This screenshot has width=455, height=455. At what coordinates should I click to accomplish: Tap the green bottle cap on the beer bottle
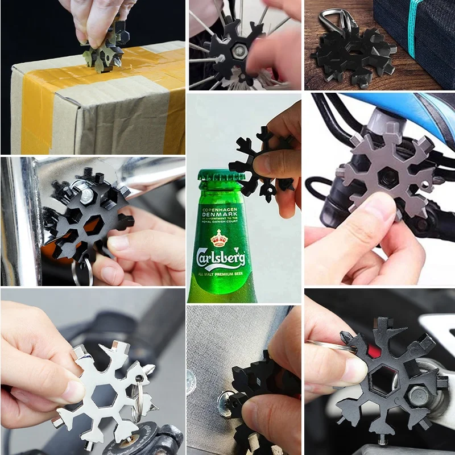click(222, 181)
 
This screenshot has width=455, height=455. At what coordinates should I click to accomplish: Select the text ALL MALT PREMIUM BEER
click(221, 275)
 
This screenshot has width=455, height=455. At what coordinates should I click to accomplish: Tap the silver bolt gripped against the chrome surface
click(85, 196)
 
